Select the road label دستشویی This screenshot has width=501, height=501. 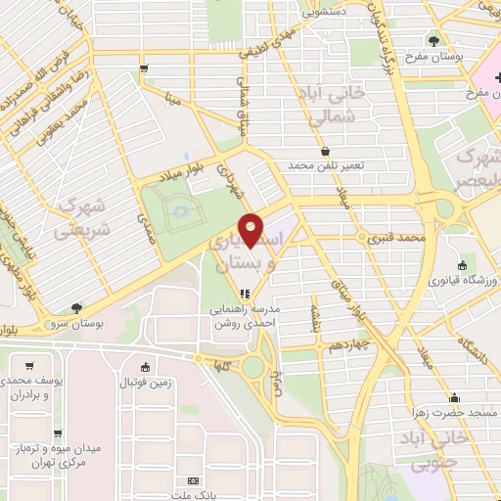coord(324,13)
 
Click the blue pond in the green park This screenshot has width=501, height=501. coord(178,210)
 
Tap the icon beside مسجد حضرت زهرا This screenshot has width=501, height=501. coord(454,397)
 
